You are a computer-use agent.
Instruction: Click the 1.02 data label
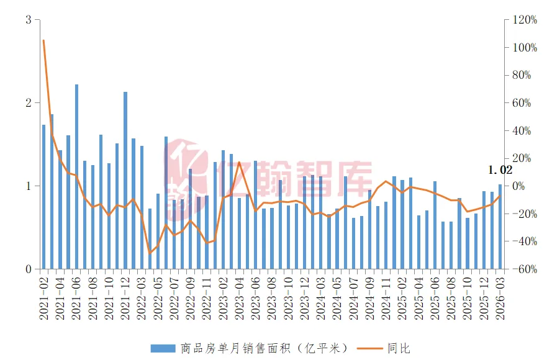click(x=500, y=170)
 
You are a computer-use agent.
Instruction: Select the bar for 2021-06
click(x=76, y=177)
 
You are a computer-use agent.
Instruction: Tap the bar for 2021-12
click(x=125, y=180)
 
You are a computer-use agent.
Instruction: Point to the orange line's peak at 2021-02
click(x=43, y=41)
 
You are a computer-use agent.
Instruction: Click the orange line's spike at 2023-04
click(x=239, y=163)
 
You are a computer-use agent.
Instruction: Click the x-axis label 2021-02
click(x=44, y=297)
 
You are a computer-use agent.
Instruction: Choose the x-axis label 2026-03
click(x=500, y=297)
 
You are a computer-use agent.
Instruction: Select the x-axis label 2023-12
click(x=304, y=297)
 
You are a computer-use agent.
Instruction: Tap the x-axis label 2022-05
click(x=158, y=297)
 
